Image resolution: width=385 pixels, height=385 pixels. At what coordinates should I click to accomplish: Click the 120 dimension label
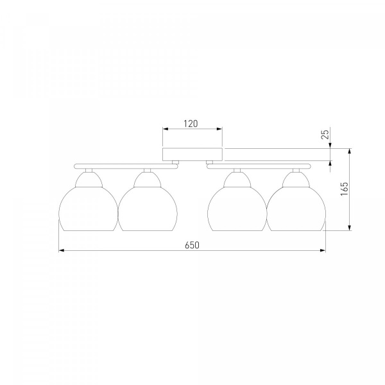point(191,124)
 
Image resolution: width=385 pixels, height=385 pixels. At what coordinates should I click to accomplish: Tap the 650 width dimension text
point(193,245)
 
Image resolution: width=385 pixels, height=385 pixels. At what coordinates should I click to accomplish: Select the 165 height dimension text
point(345,189)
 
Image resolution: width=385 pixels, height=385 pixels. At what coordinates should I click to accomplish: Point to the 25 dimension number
point(325,134)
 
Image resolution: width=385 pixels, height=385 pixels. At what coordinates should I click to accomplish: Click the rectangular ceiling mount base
point(193,155)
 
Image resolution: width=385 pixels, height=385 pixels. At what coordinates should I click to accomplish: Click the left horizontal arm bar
point(126,166)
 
